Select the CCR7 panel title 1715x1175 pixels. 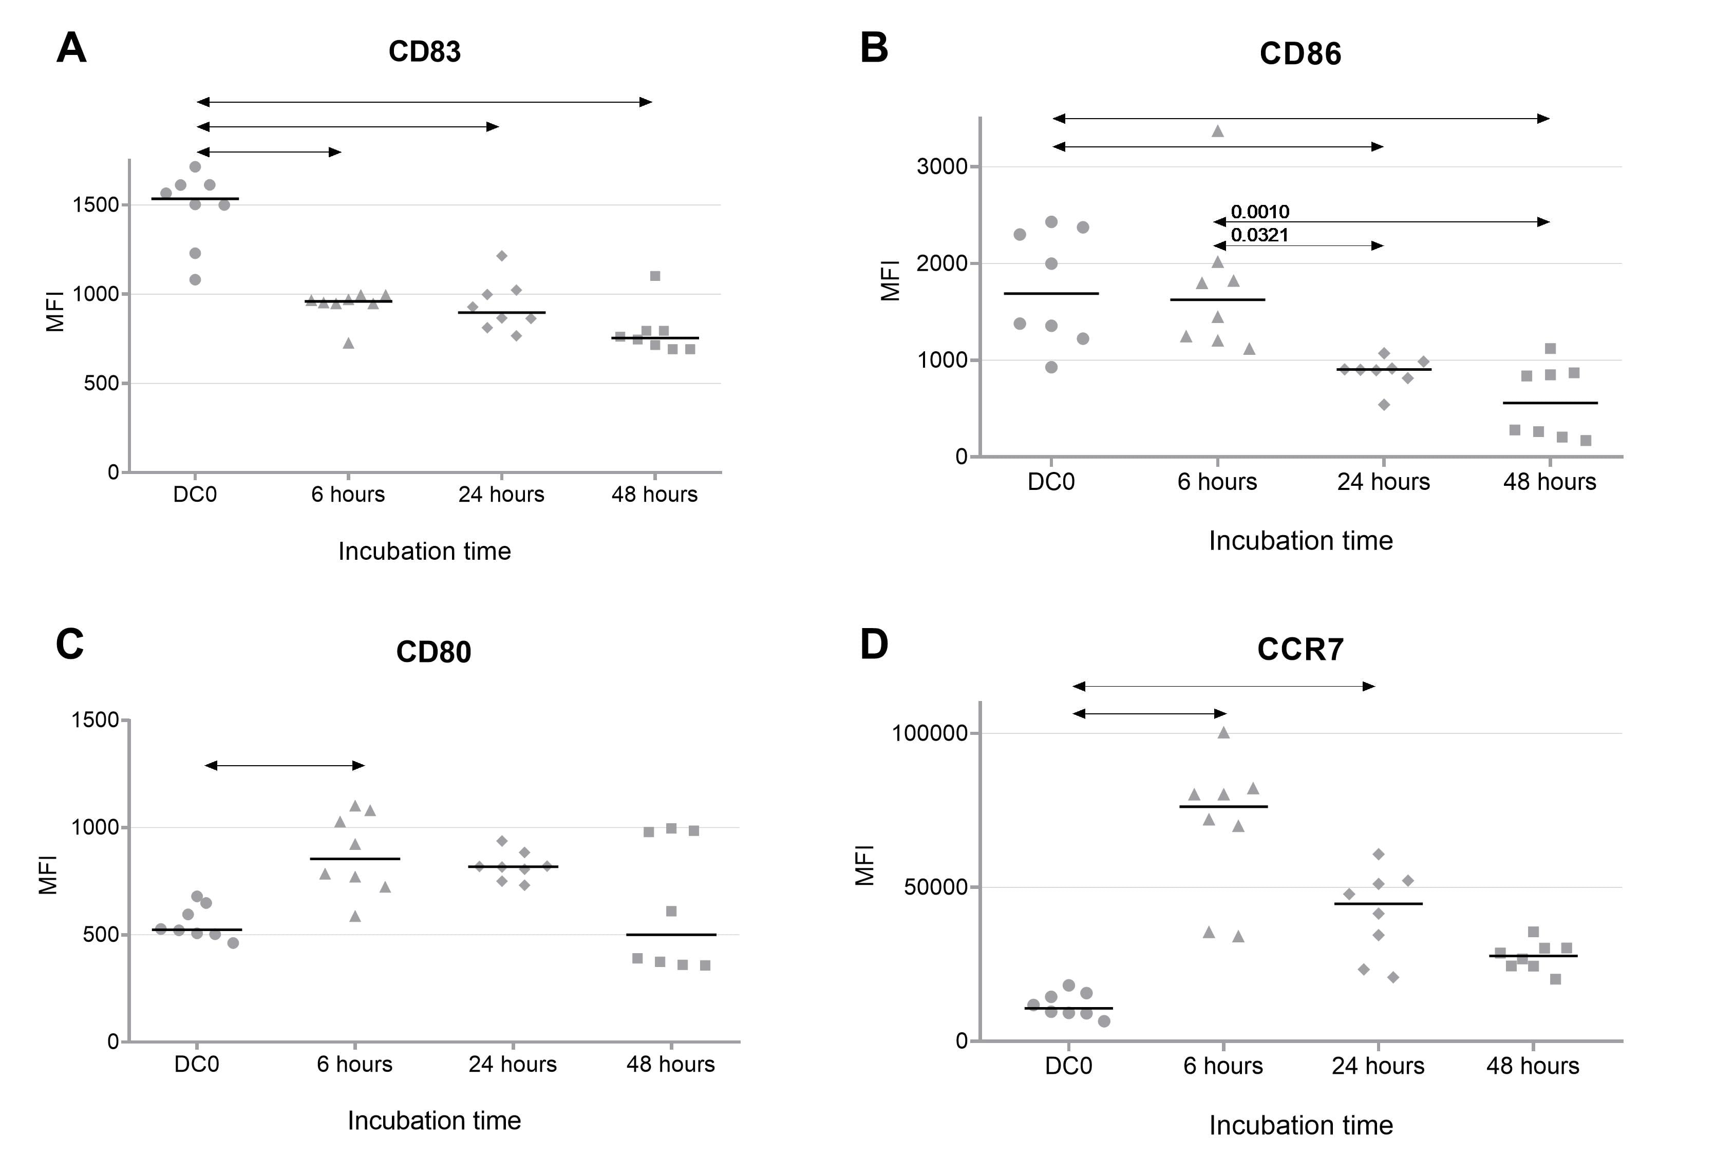tap(1301, 650)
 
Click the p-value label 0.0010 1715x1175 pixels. tap(1260, 212)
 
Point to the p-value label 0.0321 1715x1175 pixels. tap(1260, 235)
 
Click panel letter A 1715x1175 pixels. tap(71, 49)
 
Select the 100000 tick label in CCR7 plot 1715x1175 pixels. tap(930, 734)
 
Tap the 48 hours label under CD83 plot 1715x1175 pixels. tap(654, 495)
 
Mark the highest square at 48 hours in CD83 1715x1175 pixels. tap(654, 276)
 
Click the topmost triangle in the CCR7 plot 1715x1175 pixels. tap(1223, 733)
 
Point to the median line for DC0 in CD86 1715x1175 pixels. tap(1051, 294)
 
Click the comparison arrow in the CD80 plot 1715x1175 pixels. tap(285, 765)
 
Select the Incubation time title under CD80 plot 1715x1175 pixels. tap(434, 1121)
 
